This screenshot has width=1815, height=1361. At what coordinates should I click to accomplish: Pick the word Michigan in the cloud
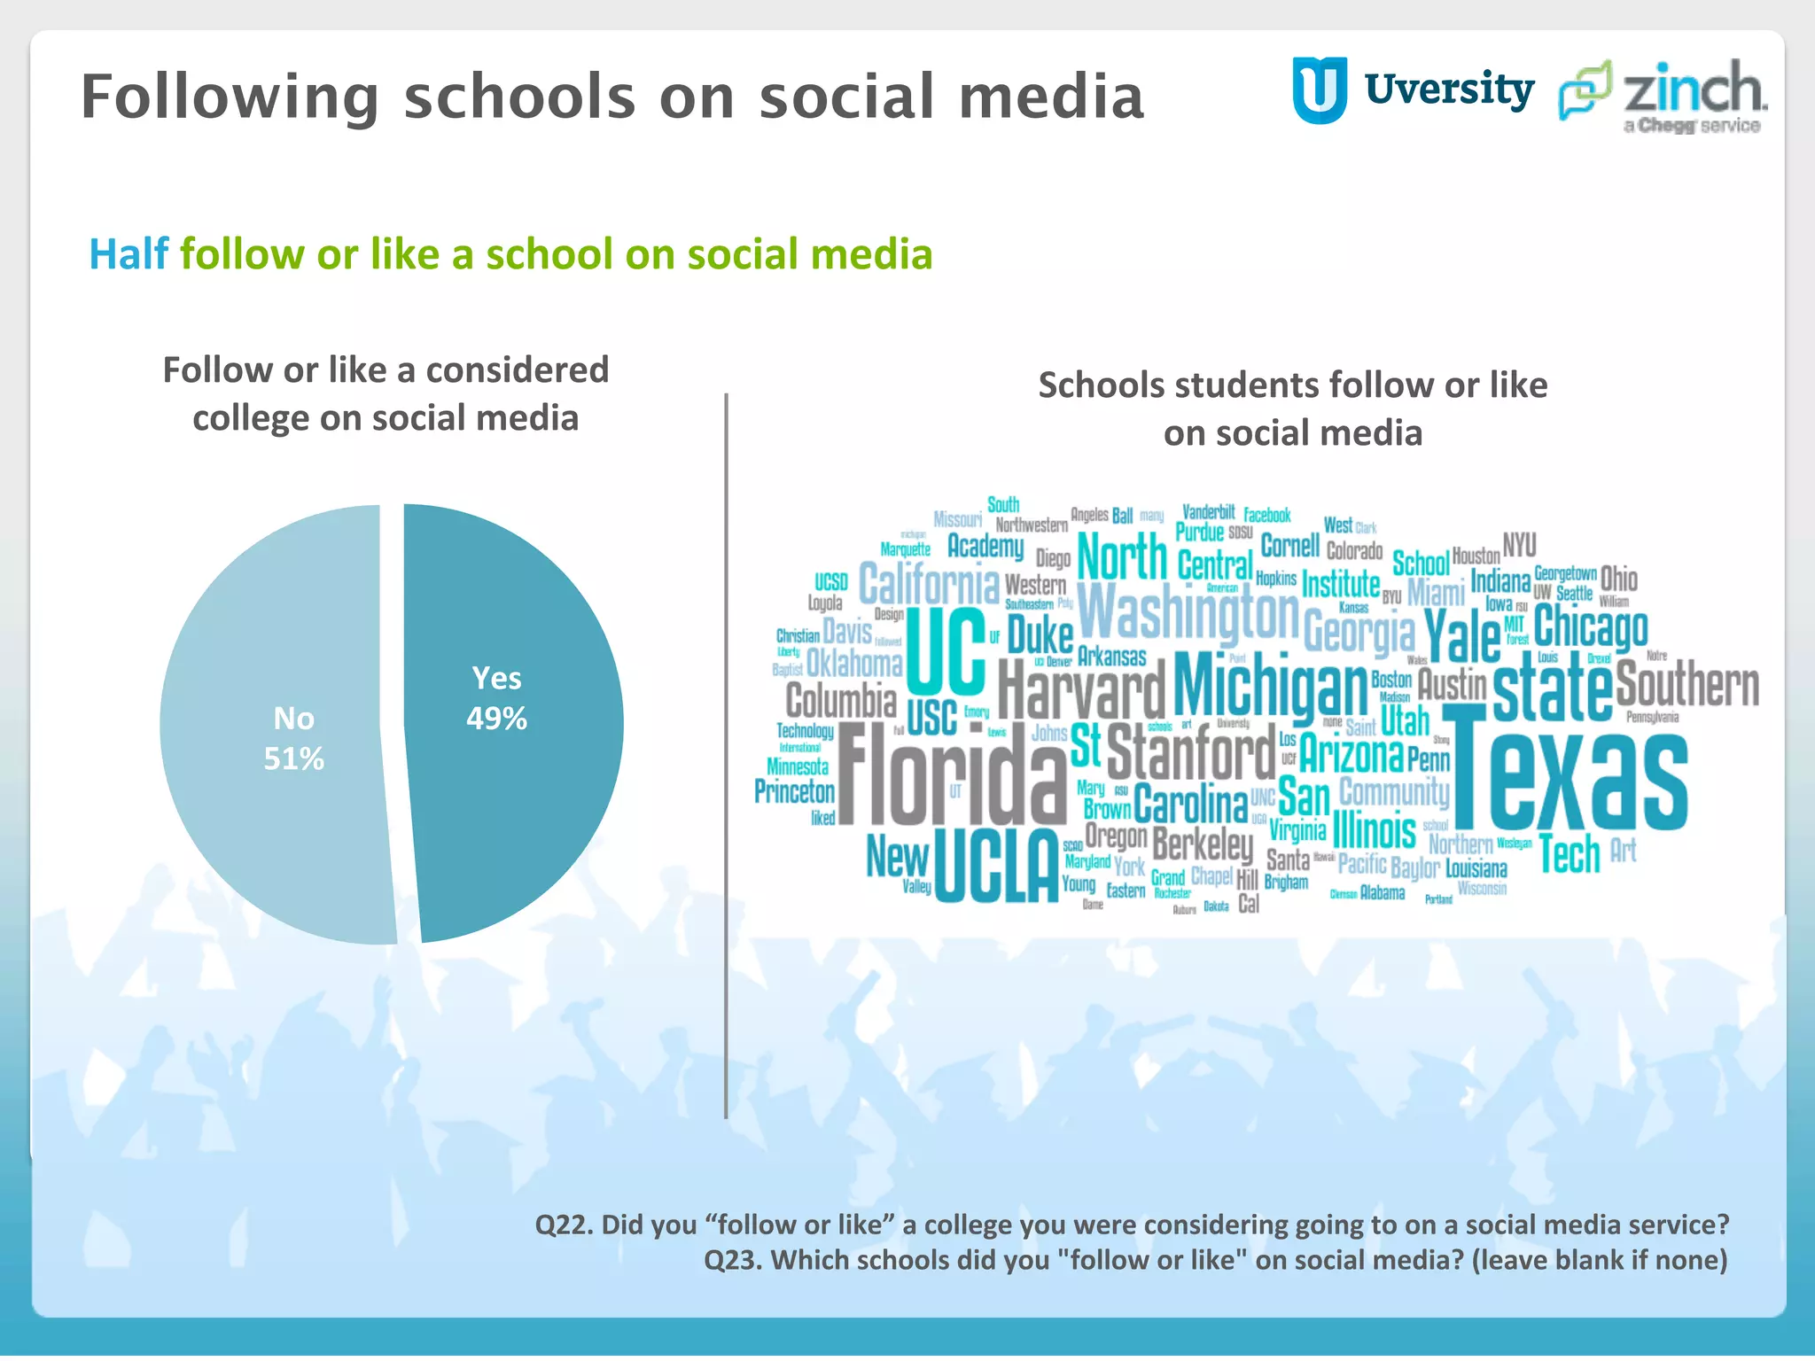pyautogui.click(x=1271, y=684)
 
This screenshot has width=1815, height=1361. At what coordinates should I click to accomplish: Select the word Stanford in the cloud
pyautogui.click(x=1191, y=752)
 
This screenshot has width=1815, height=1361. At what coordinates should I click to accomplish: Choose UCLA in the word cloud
pyautogui.click(x=996, y=865)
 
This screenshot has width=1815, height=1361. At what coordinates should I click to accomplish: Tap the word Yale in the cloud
pyautogui.click(x=1462, y=634)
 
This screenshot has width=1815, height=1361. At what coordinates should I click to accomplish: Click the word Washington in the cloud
pyautogui.click(x=1188, y=612)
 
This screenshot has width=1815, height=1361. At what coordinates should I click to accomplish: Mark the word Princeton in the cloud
pyautogui.click(x=794, y=791)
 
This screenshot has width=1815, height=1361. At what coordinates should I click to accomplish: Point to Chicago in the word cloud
pyautogui.click(x=1591, y=627)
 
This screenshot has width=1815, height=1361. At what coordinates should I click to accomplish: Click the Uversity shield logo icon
pyautogui.click(x=1320, y=89)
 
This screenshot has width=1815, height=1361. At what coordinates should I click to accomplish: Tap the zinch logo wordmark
pyautogui.click(x=1694, y=89)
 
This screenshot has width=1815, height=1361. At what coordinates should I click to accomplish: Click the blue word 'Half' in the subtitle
pyautogui.click(x=129, y=254)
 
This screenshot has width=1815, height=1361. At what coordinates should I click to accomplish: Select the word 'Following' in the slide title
pyautogui.click(x=230, y=97)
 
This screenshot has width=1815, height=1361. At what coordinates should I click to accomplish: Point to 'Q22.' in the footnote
pyautogui.click(x=564, y=1225)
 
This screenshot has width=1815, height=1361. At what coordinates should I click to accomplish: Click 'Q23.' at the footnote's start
pyautogui.click(x=733, y=1260)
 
